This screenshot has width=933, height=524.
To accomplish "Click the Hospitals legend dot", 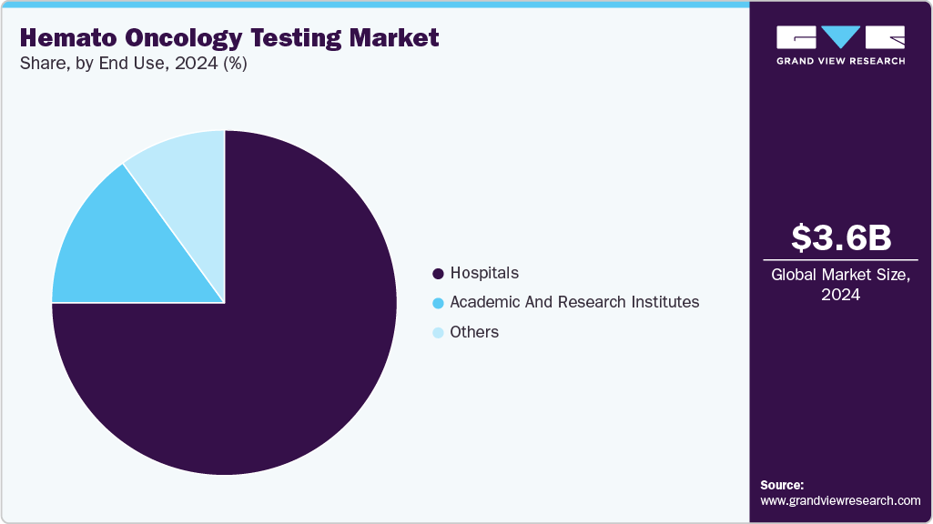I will click(x=438, y=273).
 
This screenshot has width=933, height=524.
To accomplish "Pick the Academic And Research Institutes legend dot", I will click(x=438, y=303).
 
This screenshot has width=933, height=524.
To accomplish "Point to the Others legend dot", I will click(x=438, y=333).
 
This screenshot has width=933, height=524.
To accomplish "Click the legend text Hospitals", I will click(x=484, y=273).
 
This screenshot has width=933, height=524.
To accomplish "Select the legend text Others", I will click(x=474, y=332).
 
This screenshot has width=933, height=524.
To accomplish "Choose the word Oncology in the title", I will click(x=167, y=38).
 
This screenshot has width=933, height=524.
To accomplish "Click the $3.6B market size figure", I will click(x=840, y=237).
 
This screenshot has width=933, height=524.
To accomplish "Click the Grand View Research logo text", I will click(x=840, y=61).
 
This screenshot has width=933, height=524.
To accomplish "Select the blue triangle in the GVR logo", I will click(x=840, y=37).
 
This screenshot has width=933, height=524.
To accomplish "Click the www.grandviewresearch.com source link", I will click(x=840, y=500).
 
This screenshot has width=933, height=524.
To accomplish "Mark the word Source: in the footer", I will click(x=782, y=485).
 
